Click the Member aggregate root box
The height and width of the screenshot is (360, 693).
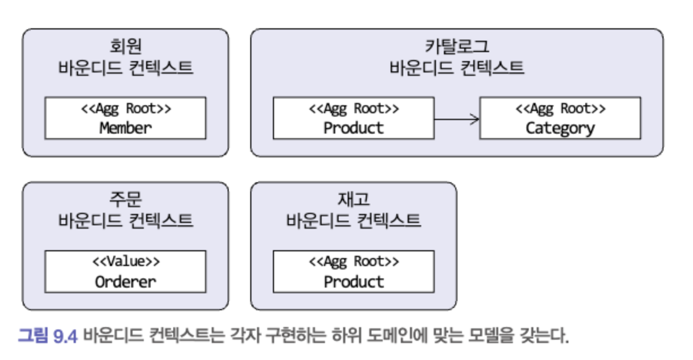[x=125, y=118]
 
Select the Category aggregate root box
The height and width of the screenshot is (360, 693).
[x=560, y=118]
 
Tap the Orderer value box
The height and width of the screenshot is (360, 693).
[x=125, y=272]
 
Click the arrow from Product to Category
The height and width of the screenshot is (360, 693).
[x=456, y=118]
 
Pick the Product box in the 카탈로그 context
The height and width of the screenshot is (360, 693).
[x=353, y=118]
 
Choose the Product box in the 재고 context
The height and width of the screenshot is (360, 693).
[x=353, y=272]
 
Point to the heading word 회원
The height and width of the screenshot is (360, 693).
[x=125, y=46]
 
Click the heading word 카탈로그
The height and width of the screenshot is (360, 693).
[x=456, y=46]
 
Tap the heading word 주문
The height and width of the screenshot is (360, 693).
[x=125, y=199]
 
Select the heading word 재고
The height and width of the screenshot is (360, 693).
[x=353, y=199]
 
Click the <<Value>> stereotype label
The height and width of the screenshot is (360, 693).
[x=126, y=262]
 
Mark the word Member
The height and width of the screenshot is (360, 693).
[x=126, y=128]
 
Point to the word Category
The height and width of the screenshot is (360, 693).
[x=560, y=128]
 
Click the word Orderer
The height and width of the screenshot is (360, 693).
[x=126, y=282]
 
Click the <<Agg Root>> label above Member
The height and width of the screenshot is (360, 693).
[x=126, y=108]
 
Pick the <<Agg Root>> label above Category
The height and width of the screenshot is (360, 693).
[x=560, y=108]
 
